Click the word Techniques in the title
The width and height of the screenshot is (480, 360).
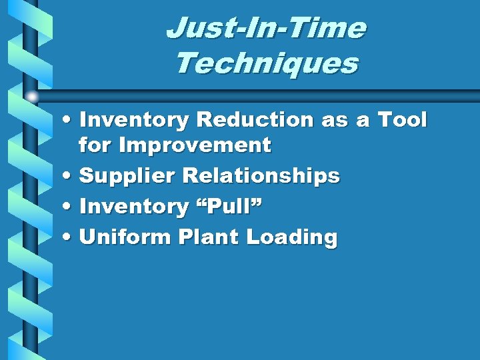266,64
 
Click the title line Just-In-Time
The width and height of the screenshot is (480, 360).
266,29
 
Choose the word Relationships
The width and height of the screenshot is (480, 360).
261,176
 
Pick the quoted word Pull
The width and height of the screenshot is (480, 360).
228,207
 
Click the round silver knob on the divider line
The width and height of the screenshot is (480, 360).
32,97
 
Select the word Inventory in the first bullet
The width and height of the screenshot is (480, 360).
134,120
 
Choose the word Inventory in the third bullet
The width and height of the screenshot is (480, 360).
134,207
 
